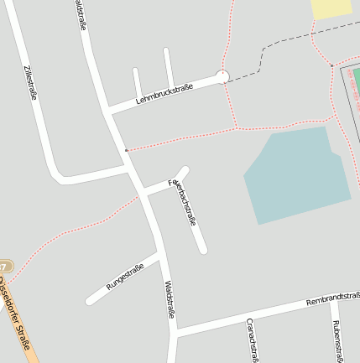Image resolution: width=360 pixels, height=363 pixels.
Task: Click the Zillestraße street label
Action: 31,82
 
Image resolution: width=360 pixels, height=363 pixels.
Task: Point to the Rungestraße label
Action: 125,277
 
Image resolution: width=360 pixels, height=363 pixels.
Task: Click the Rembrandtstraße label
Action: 332,298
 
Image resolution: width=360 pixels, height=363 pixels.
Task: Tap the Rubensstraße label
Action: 336,340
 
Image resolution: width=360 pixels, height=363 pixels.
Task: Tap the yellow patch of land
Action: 332,8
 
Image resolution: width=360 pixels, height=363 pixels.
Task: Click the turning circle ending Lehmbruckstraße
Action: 222,77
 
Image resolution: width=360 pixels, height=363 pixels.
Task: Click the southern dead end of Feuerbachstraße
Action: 202,249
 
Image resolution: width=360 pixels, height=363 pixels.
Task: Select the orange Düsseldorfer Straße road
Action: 25,340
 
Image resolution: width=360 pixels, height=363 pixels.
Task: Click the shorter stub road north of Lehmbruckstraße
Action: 136,84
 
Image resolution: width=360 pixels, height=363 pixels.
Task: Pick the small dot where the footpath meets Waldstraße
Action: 126,150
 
